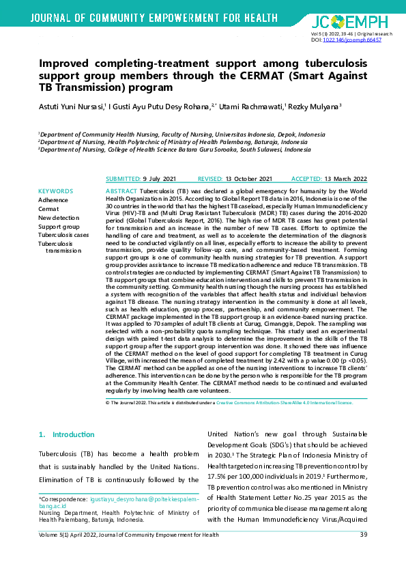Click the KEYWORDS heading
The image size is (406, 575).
tap(56, 191)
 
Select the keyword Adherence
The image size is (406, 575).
tap(55, 199)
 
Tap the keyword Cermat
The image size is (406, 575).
tap(48, 208)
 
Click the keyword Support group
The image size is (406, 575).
tap(59, 226)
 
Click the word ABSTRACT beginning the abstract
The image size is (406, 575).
tap(123, 191)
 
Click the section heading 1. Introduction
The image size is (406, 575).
tap(62, 434)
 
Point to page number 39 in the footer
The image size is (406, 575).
tap(364, 553)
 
